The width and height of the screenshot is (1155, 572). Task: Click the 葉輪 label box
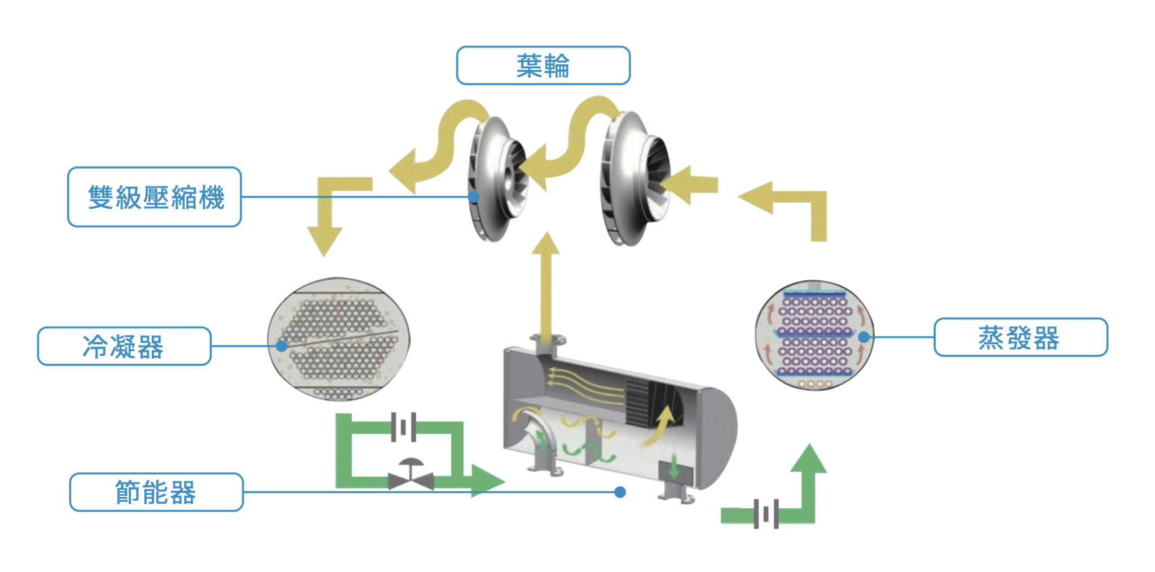pos(543,65)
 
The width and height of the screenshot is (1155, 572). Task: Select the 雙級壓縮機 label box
pos(155,197)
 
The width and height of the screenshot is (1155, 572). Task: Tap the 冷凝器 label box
pos(124,346)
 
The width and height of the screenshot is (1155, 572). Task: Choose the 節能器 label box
pos(156,492)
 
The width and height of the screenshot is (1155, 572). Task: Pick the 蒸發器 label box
pos(1020,337)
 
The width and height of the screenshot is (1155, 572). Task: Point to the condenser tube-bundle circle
pos(339,338)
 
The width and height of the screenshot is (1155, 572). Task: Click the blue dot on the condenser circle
pos(281,346)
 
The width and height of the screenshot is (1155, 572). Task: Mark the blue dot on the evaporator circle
pos(863,337)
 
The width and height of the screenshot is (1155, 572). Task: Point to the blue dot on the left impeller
pos(474,197)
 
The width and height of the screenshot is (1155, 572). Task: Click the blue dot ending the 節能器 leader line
pos(620,492)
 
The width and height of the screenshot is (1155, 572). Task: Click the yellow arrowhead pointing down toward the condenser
pos(324,240)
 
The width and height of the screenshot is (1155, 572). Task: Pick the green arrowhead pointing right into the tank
pos(486,481)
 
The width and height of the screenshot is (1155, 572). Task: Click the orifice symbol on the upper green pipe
pos(404,427)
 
